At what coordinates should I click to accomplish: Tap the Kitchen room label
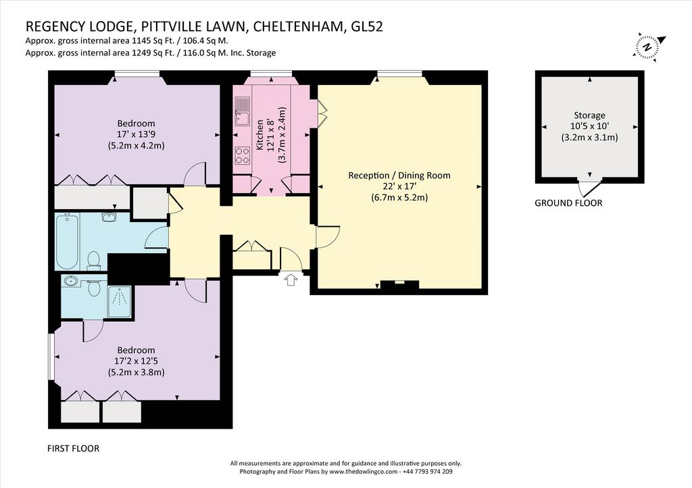pyautogui.click(x=259, y=135)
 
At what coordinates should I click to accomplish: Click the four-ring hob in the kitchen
pyautogui.click(x=243, y=155)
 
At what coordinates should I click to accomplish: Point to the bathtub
pyautogui.click(x=67, y=241)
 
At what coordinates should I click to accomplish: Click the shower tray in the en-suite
pyautogui.click(x=119, y=302)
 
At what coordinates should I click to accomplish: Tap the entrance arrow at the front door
pyautogui.click(x=291, y=279)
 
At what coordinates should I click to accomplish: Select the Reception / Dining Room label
pyautogui.click(x=399, y=175)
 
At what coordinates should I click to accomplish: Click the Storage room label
pyautogui.click(x=589, y=115)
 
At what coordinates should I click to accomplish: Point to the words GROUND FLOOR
pyautogui.click(x=568, y=203)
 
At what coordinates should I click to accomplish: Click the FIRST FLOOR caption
pyautogui.click(x=73, y=449)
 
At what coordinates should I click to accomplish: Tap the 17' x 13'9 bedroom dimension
pyautogui.click(x=136, y=134)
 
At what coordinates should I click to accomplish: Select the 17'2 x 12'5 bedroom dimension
pyautogui.click(x=136, y=361)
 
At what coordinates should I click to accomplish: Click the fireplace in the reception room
pyautogui.click(x=399, y=285)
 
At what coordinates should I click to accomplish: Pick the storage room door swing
pyautogui.click(x=589, y=188)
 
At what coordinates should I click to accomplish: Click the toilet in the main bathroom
pyautogui.click(x=94, y=261)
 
